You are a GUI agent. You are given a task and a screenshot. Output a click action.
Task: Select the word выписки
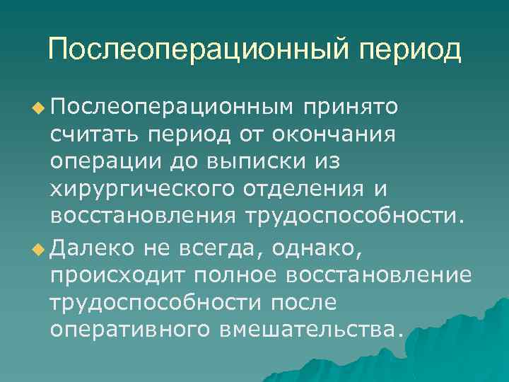point(245,161)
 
